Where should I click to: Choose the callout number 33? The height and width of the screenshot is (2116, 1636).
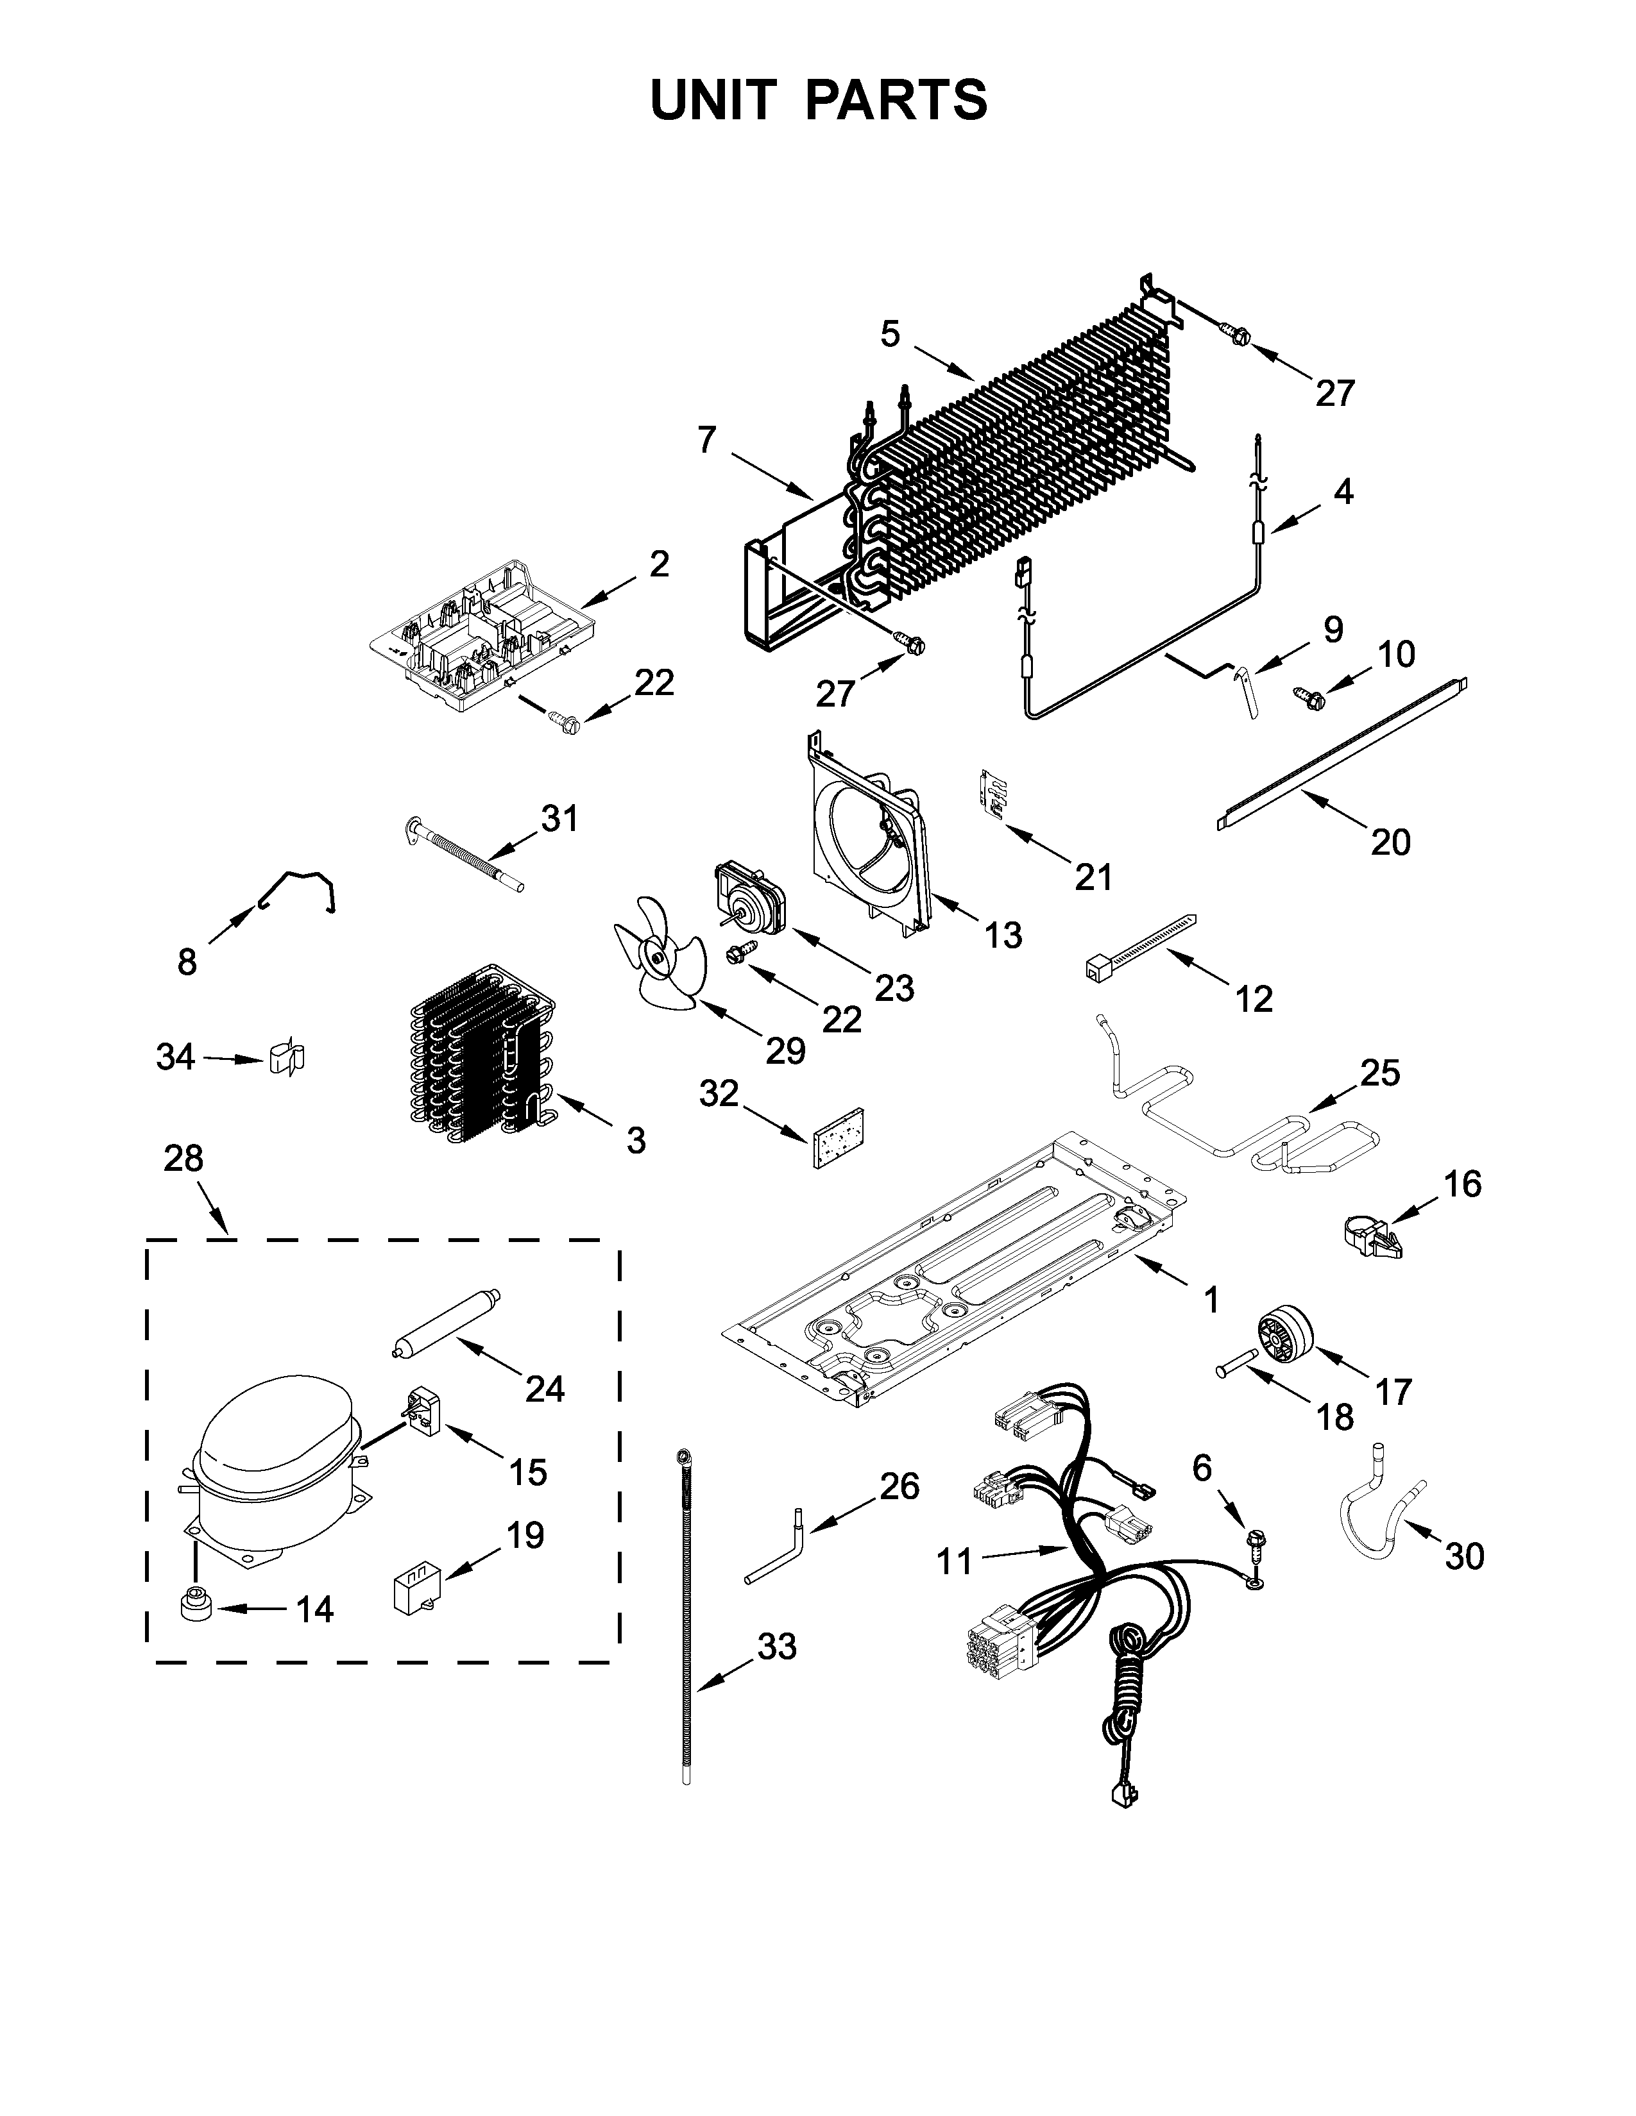[x=776, y=1646]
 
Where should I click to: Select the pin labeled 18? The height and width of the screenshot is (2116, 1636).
[x=1239, y=1369]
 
